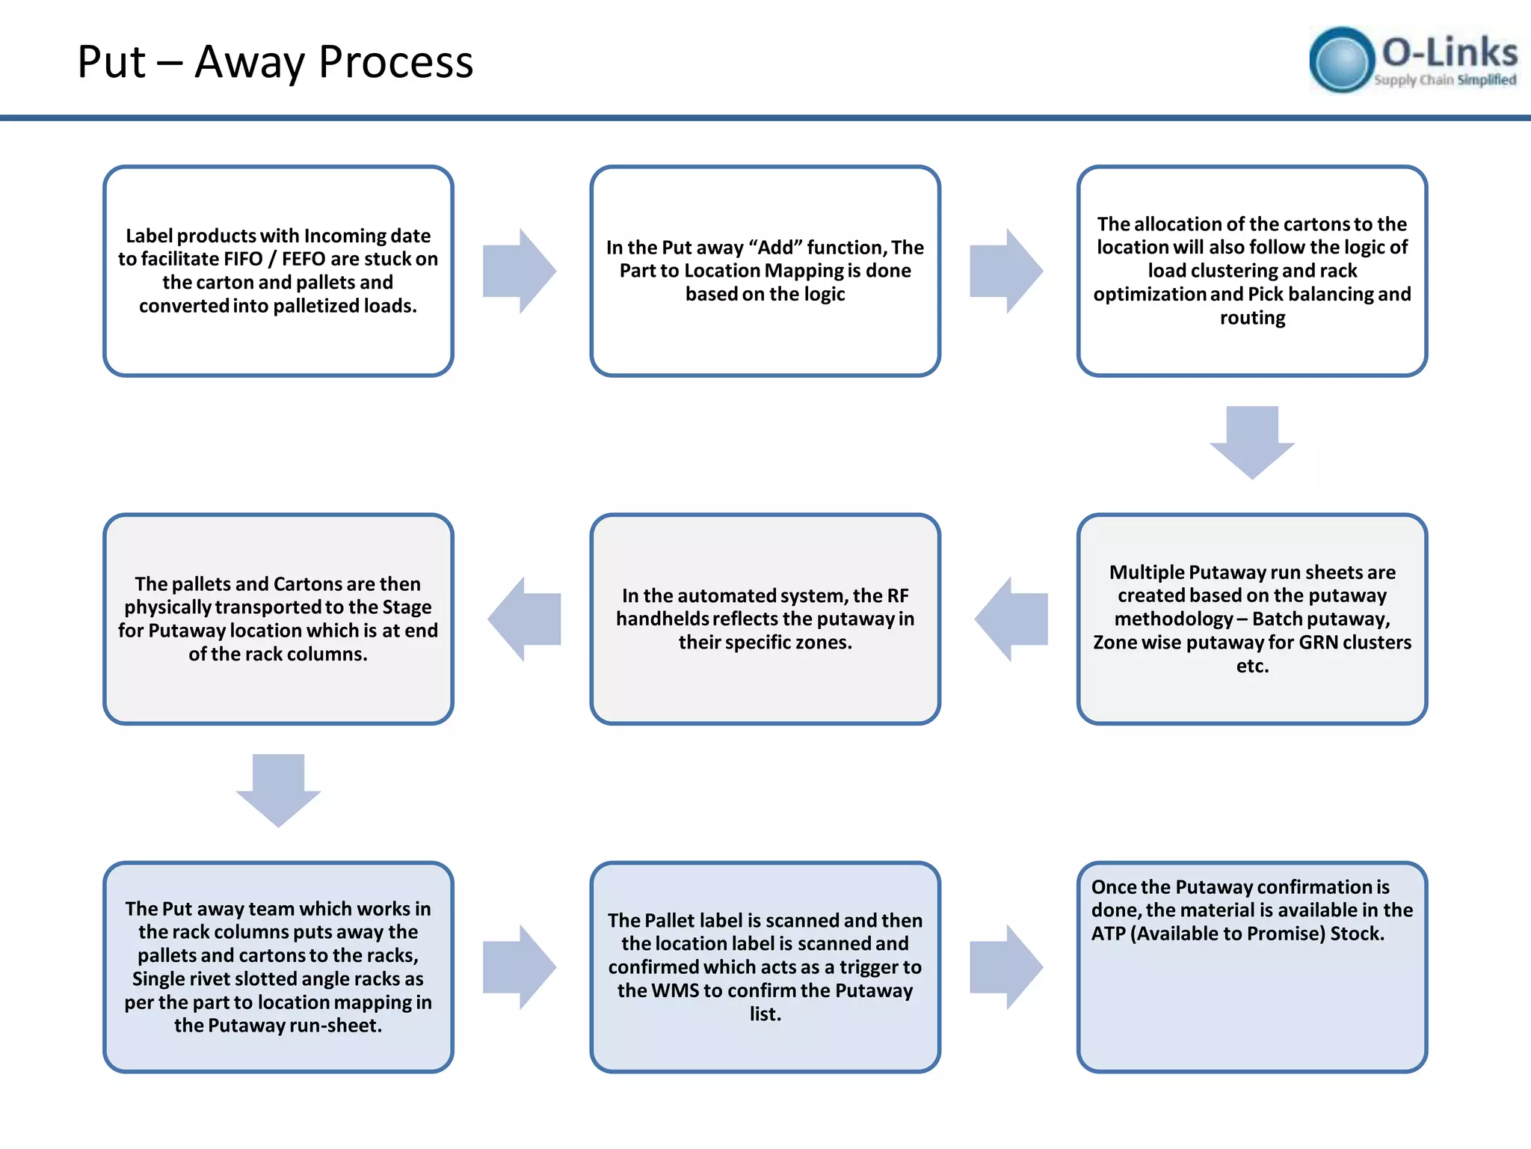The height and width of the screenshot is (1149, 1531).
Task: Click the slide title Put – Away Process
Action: point(275,61)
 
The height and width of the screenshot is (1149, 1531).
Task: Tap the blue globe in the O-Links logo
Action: point(1342,60)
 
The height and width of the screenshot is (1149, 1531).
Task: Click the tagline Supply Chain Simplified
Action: point(1444,80)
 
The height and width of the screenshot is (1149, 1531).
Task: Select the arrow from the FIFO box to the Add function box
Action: point(519,271)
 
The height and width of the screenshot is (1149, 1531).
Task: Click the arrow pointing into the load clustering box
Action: point(1005,271)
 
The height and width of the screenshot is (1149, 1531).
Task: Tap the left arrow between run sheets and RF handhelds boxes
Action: point(1011,619)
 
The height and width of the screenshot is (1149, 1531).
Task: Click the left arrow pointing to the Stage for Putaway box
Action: point(525,619)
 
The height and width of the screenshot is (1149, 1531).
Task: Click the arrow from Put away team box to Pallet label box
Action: point(519,966)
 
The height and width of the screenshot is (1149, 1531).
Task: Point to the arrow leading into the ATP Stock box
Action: point(1005,966)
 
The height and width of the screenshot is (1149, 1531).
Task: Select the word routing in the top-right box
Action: point(1252,318)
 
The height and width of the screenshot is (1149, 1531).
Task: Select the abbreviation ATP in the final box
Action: point(1107,934)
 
